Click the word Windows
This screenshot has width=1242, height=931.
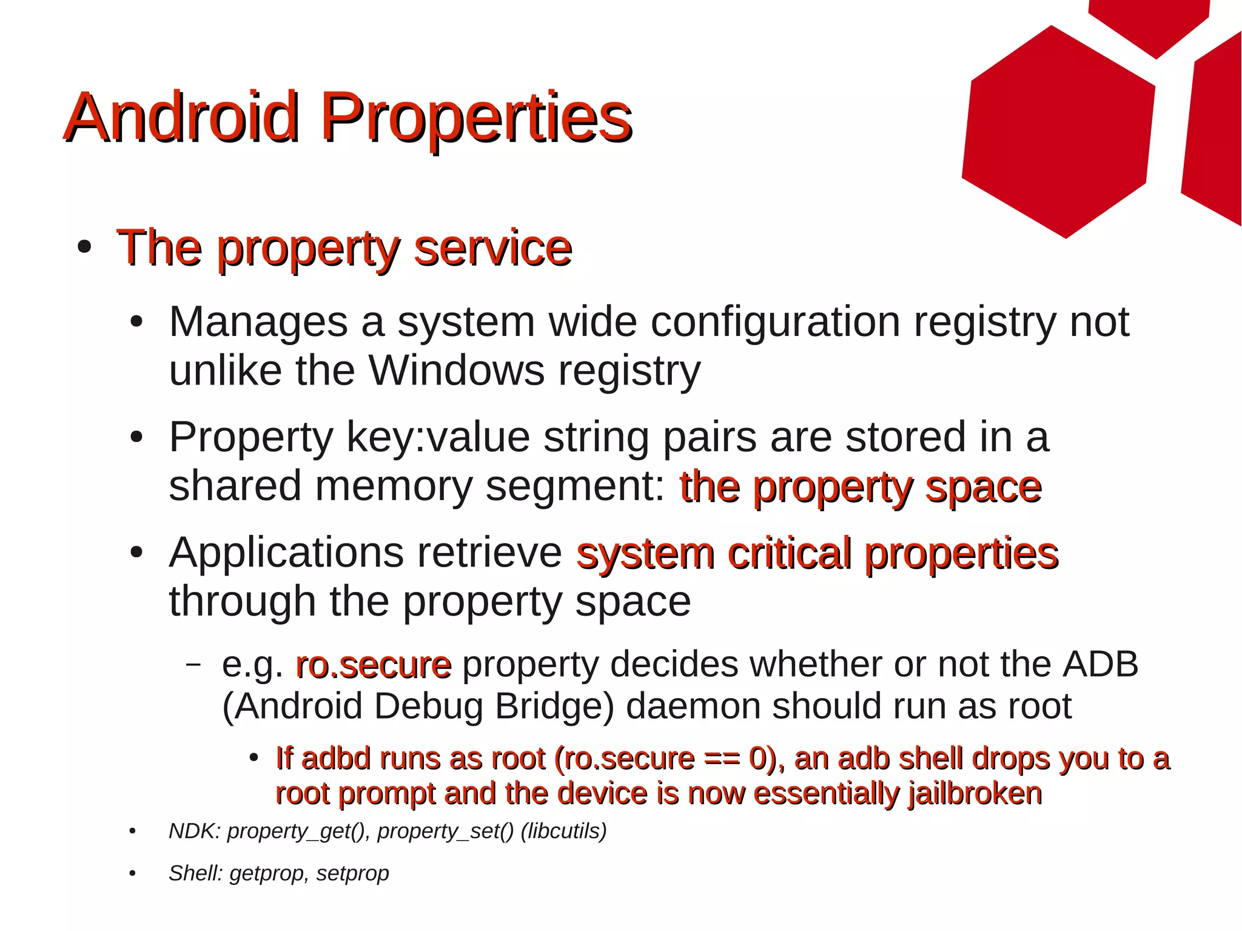[457, 370]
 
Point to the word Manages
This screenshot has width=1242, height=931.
[258, 321]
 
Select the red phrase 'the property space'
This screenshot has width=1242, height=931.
[860, 487]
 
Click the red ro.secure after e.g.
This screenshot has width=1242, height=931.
[373, 665]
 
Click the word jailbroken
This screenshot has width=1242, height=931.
[975, 793]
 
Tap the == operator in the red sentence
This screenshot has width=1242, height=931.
[722, 759]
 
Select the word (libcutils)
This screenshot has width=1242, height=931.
[563, 831]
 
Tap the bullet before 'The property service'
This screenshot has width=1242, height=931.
[84, 247]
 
